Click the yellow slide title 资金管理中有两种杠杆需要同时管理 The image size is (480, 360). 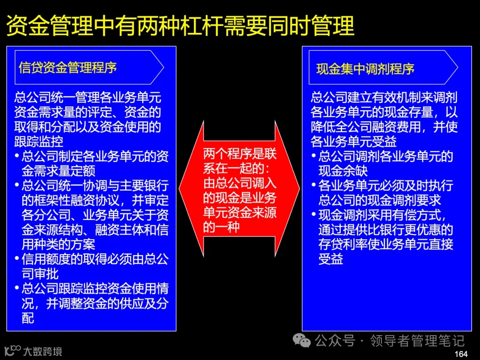[180, 26]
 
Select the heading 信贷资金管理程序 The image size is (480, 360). [68, 68]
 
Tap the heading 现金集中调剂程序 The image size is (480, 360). [365, 69]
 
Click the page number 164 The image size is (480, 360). [461, 354]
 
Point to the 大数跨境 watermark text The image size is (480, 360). [43, 352]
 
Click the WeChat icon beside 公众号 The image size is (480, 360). [304, 341]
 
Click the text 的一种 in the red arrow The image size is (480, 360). [222, 228]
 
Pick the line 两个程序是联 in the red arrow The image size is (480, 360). [240, 154]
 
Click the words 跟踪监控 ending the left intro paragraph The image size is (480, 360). [39, 142]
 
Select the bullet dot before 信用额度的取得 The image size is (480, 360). [17, 259]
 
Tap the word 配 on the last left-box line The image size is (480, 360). [28, 318]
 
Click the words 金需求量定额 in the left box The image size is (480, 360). [58, 171]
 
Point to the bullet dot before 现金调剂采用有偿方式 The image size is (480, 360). [313, 216]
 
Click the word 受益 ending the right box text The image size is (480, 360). [331, 259]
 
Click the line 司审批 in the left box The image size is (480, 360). [40, 273]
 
